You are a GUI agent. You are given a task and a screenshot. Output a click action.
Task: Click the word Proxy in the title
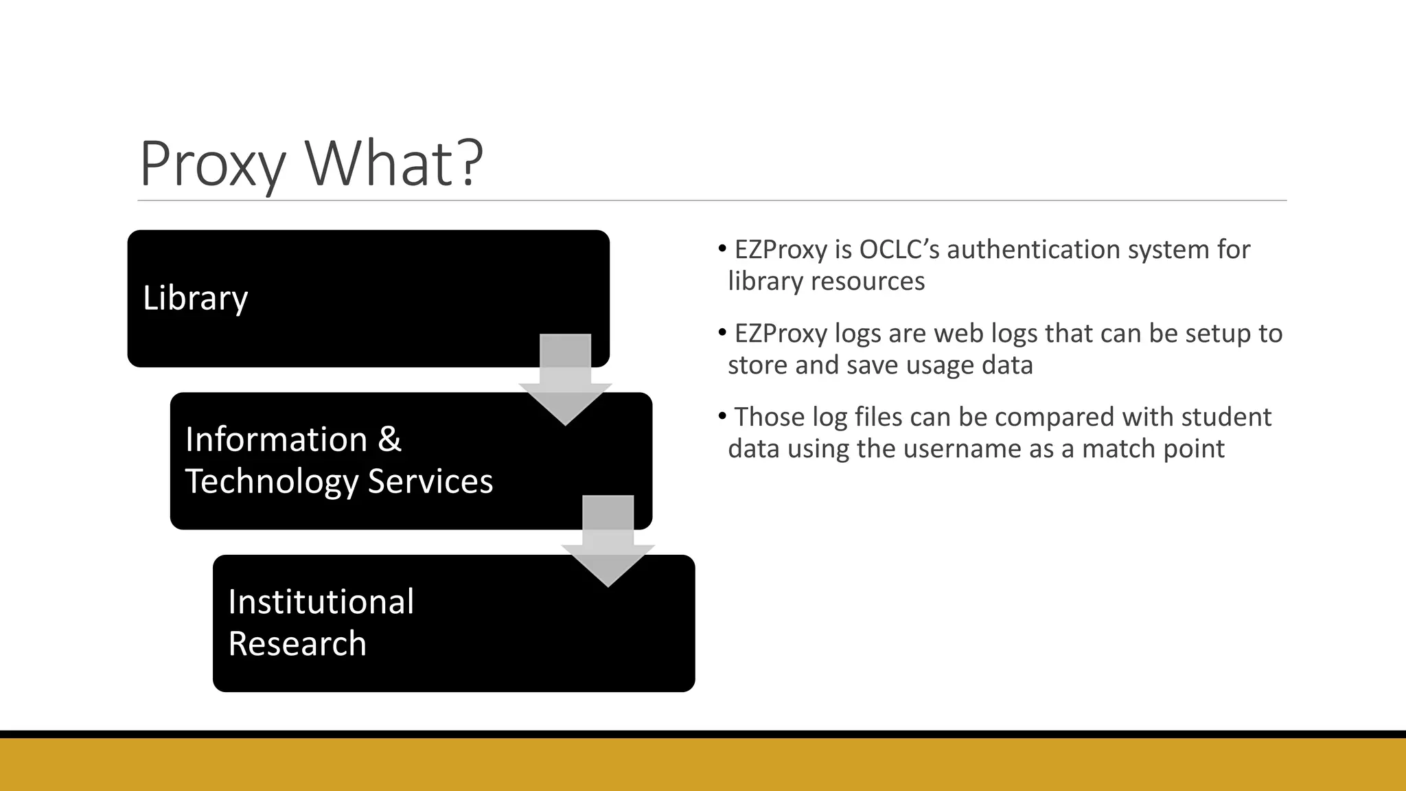[x=212, y=165]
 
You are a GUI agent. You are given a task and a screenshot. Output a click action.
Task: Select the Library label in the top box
[x=195, y=298]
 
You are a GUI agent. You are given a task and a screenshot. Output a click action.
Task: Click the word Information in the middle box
[x=276, y=439]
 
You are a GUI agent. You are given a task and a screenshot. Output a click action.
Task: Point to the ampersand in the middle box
[x=389, y=439]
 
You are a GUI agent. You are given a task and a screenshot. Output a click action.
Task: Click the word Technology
[x=272, y=481]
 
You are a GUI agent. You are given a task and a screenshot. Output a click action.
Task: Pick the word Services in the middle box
[x=430, y=481]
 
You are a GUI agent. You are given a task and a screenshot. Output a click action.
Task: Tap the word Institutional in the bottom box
[x=321, y=602]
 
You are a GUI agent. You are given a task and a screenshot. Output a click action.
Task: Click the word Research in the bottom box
[x=297, y=644]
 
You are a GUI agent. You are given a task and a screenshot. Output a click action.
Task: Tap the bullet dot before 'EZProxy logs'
[x=722, y=332]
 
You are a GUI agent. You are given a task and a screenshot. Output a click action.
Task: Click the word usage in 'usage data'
[x=941, y=365]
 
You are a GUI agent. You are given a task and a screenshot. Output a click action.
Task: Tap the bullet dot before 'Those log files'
[x=722, y=416]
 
